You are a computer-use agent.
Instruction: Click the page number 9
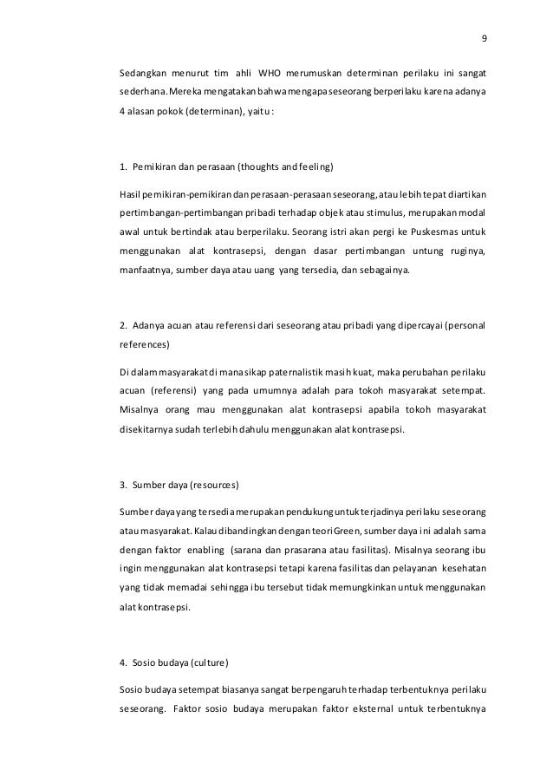(484, 38)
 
